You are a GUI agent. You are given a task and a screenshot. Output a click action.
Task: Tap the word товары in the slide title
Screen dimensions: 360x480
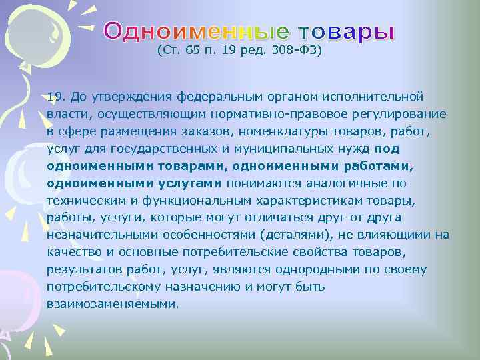[x=346, y=31]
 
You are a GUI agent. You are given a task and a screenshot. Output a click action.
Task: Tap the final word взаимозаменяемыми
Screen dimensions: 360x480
[x=113, y=304]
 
